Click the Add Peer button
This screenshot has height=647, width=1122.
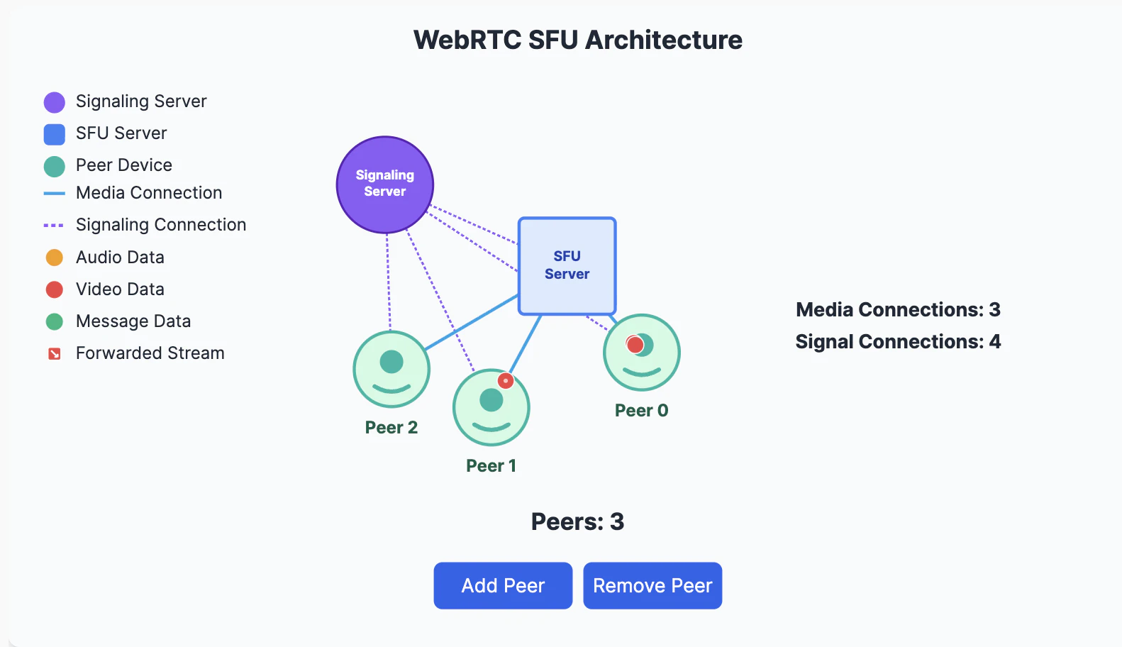pyautogui.click(x=503, y=585)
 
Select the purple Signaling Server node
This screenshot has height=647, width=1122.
pyautogui.click(x=384, y=184)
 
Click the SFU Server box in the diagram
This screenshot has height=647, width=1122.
pyautogui.click(x=567, y=265)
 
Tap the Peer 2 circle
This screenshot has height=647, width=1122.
pyautogui.click(x=391, y=369)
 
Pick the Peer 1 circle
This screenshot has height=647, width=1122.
pyautogui.click(x=491, y=407)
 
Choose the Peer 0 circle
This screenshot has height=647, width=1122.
pyautogui.click(x=641, y=353)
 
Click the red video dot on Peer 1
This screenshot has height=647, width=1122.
pyautogui.click(x=505, y=381)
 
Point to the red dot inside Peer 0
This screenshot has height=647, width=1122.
pyautogui.click(x=635, y=345)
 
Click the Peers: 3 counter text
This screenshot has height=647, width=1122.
pyautogui.click(x=577, y=521)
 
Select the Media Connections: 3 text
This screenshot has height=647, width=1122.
pyautogui.click(x=897, y=309)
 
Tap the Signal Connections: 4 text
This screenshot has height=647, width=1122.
pyautogui.click(x=897, y=341)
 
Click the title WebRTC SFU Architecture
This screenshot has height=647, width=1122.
pyautogui.click(x=577, y=40)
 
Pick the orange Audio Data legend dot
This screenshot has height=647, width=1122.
pyautogui.click(x=55, y=258)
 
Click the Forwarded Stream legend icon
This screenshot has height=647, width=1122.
pyautogui.click(x=55, y=353)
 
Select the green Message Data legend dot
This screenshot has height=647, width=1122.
pyautogui.click(x=55, y=321)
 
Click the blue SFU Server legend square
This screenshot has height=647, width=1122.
pyautogui.click(x=55, y=134)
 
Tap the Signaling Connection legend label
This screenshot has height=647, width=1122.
pyautogui.click(x=161, y=225)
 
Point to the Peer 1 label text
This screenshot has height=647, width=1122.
pyautogui.click(x=491, y=465)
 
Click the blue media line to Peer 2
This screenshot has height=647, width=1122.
pyautogui.click(x=472, y=322)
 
